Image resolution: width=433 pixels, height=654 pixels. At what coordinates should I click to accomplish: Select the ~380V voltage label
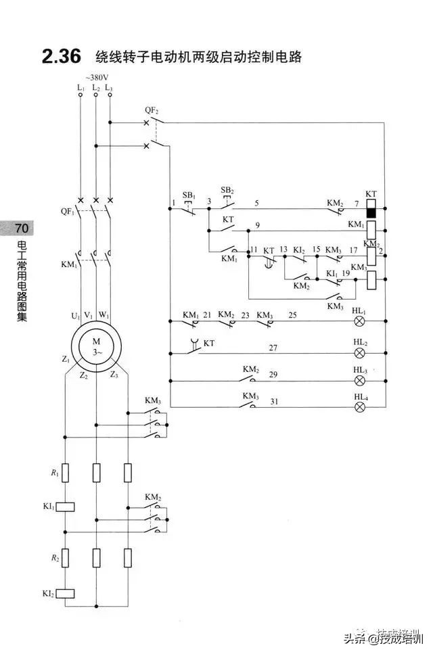(95, 77)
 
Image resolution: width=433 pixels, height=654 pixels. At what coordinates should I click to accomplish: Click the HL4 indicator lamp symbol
(361, 406)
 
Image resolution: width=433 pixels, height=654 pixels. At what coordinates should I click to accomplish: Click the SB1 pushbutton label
(189, 195)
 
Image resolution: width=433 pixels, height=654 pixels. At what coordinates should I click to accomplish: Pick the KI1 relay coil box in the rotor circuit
(65, 506)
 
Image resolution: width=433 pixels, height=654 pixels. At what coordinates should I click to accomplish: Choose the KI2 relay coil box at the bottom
(65, 594)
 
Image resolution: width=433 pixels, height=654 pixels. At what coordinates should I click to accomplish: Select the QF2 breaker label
(152, 110)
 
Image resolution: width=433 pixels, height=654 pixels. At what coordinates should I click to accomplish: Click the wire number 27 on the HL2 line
(273, 347)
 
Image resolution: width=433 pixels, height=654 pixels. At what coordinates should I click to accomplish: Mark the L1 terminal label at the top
(81, 87)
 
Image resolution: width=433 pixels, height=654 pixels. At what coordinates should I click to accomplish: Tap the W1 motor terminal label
(104, 315)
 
